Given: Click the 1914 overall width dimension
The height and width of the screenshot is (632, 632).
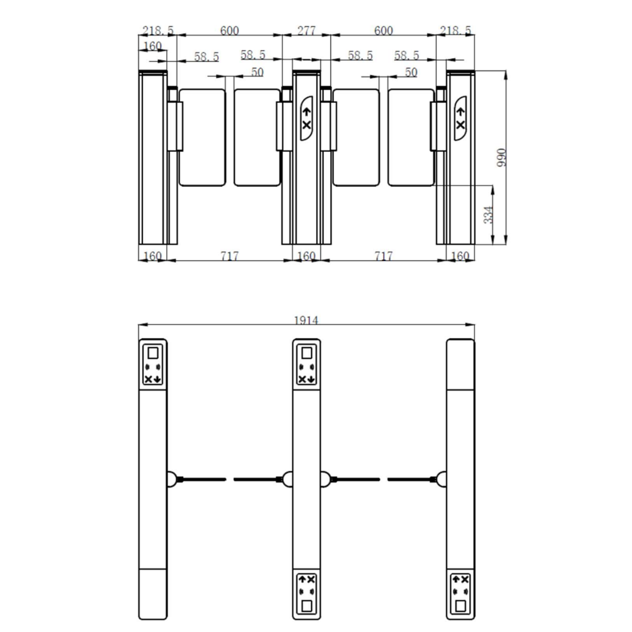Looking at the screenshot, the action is (306, 320).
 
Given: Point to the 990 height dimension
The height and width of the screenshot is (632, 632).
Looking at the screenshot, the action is (501, 157).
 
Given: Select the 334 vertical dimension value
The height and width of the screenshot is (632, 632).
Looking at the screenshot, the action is (489, 215).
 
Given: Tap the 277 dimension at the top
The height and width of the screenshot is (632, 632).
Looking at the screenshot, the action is (306, 31).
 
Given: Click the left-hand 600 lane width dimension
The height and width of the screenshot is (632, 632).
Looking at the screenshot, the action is (230, 31).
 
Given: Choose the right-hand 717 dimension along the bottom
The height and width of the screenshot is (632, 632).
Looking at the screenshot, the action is (383, 256).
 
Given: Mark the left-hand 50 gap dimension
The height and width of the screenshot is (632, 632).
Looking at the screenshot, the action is (257, 72).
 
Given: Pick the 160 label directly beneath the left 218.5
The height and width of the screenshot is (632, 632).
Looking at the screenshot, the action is (152, 46).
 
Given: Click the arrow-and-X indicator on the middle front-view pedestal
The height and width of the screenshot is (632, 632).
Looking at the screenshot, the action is (307, 118).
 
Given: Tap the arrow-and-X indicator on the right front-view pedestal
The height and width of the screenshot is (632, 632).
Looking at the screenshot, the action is (460, 118).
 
